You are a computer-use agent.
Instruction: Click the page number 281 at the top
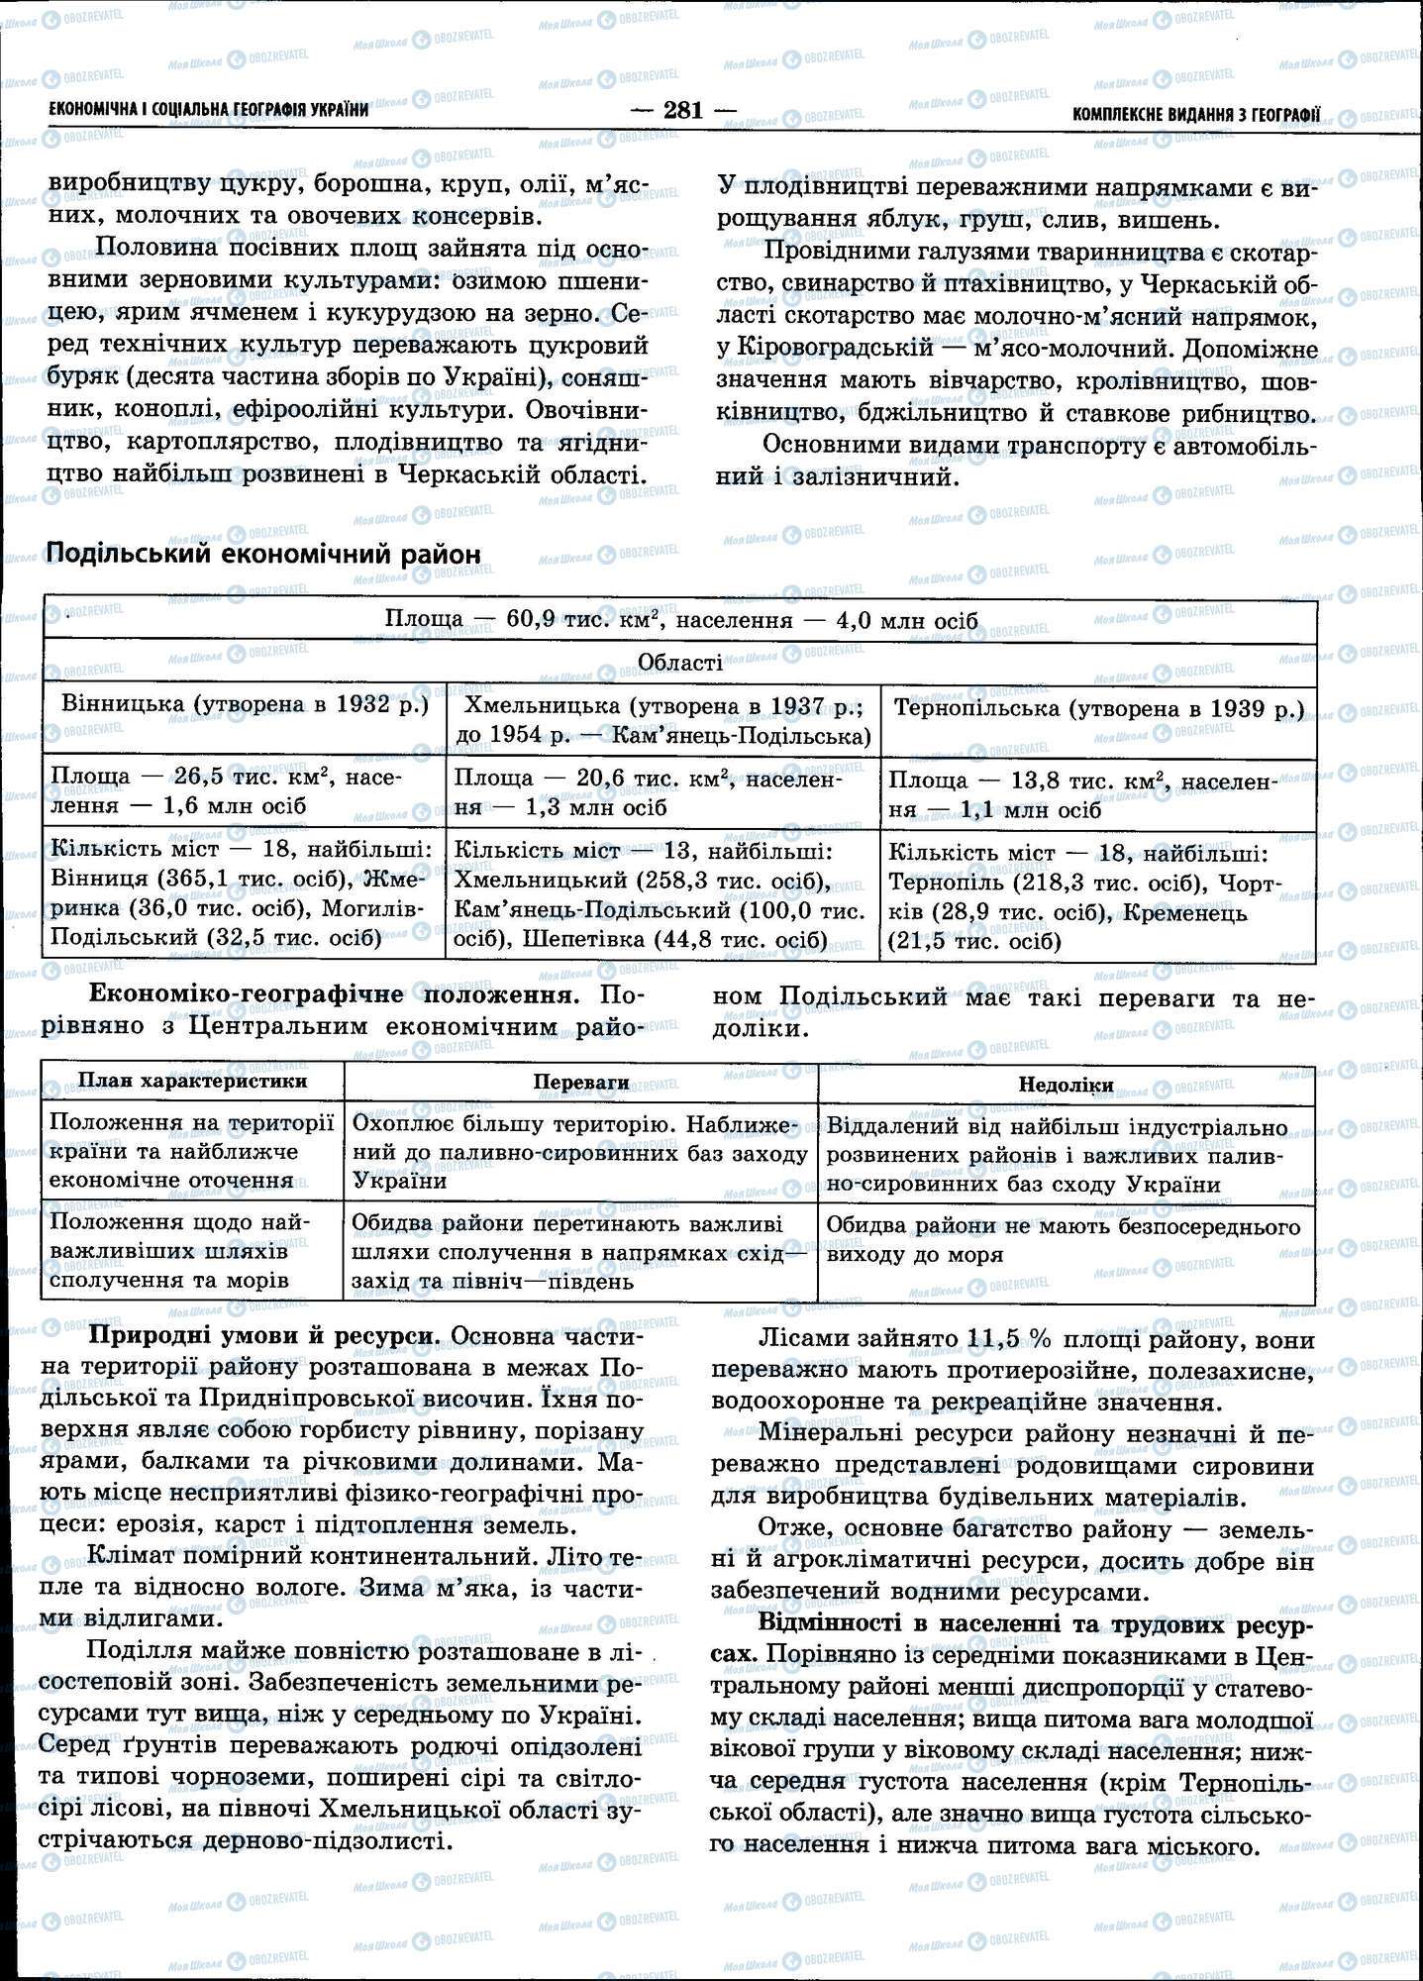pos(683,111)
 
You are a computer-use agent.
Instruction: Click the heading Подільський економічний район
pos(263,554)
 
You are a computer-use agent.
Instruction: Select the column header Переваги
pos(581,1083)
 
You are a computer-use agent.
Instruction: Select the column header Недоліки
pos(1066,1085)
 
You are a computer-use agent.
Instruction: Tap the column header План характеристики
pos(192,1082)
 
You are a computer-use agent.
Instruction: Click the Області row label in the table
pos(679,663)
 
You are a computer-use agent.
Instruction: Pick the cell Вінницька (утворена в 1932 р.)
pos(245,705)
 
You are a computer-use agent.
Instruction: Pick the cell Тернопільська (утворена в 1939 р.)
pos(1098,709)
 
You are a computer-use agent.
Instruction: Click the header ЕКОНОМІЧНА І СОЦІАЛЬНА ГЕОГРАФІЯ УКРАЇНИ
pos(208,110)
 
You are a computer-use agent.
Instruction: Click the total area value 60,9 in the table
pos(533,620)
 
